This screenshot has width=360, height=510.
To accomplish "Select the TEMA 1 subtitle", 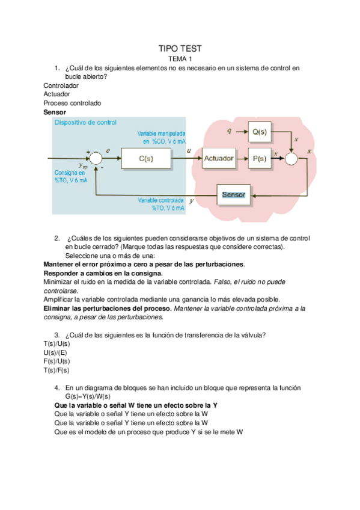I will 180,60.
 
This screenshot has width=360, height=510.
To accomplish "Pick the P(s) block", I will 260,158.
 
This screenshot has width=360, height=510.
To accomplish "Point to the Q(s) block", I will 260,131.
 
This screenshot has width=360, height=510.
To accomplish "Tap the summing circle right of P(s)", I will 291,158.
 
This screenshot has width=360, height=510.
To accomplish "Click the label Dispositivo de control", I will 85,122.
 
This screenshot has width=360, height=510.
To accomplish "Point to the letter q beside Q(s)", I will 229,130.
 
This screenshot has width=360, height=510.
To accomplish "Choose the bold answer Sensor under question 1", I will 55,112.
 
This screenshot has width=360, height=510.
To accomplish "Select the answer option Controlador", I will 61,85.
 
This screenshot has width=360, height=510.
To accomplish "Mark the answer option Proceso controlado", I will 72,103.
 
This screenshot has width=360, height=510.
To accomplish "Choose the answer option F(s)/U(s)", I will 56,361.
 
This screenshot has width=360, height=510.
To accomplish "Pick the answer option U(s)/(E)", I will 56,352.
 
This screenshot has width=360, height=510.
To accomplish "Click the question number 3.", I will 56,335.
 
